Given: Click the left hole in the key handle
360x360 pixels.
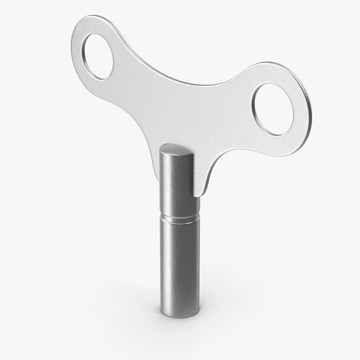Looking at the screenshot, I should (x=99, y=57).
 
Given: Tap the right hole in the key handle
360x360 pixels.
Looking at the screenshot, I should (x=274, y=110).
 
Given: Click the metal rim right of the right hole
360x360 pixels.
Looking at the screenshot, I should (x=304, y=110).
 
